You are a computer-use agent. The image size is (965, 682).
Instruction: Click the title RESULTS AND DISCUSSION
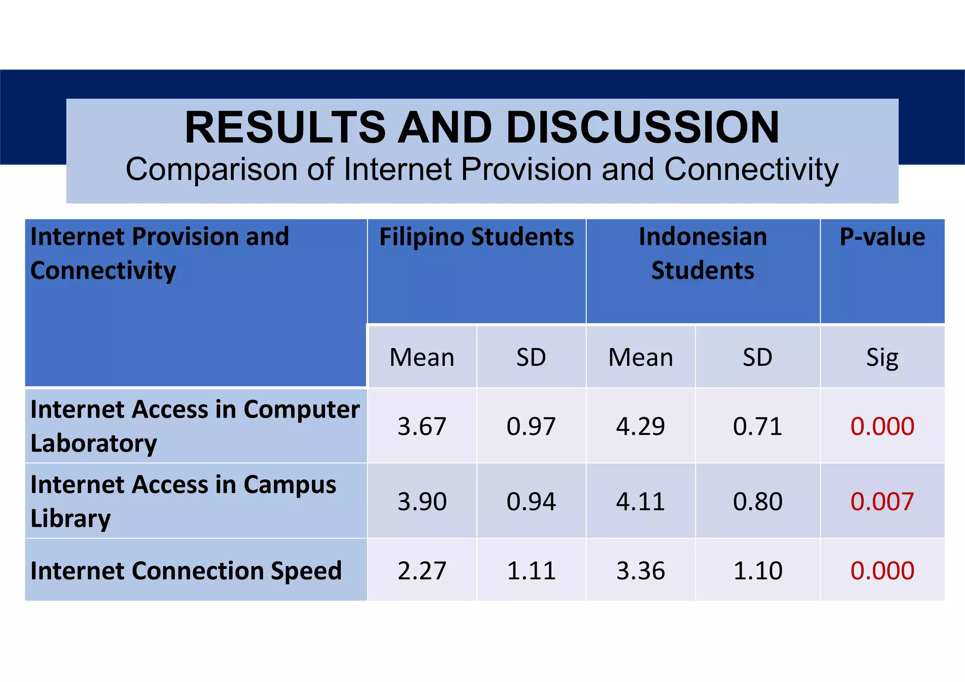coord(482,127)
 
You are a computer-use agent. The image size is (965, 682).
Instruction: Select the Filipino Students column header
coord(476,237)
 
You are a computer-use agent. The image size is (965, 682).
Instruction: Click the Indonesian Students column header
coord(703,253)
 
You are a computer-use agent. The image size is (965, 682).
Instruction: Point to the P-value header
coord(882,237)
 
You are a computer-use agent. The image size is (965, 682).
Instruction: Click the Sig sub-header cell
coord(882,357)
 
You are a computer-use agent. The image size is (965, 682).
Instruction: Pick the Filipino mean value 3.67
coord(422,426)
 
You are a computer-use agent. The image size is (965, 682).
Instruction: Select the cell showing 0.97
coord(531,426)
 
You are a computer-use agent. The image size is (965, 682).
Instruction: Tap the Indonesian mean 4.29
coord(640,426)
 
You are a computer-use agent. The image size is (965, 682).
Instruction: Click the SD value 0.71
coord(757,426)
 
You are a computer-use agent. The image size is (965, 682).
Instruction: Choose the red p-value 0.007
coord(882,501)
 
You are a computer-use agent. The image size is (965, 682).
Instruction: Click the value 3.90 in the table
coord(422,501)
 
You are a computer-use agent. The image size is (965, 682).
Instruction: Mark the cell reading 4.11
coord(640,501)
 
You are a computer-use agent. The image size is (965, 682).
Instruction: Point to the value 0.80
coord(757,501)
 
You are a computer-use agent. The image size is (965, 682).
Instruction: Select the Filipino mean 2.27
coord(422,570)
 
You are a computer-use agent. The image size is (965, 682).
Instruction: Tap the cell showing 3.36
coord(640,570)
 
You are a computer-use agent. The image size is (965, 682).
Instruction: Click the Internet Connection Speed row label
coord(186,570)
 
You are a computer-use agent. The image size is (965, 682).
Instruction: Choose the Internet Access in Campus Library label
coord(183,501)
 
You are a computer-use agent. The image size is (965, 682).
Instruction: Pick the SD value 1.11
coord(531,570)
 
